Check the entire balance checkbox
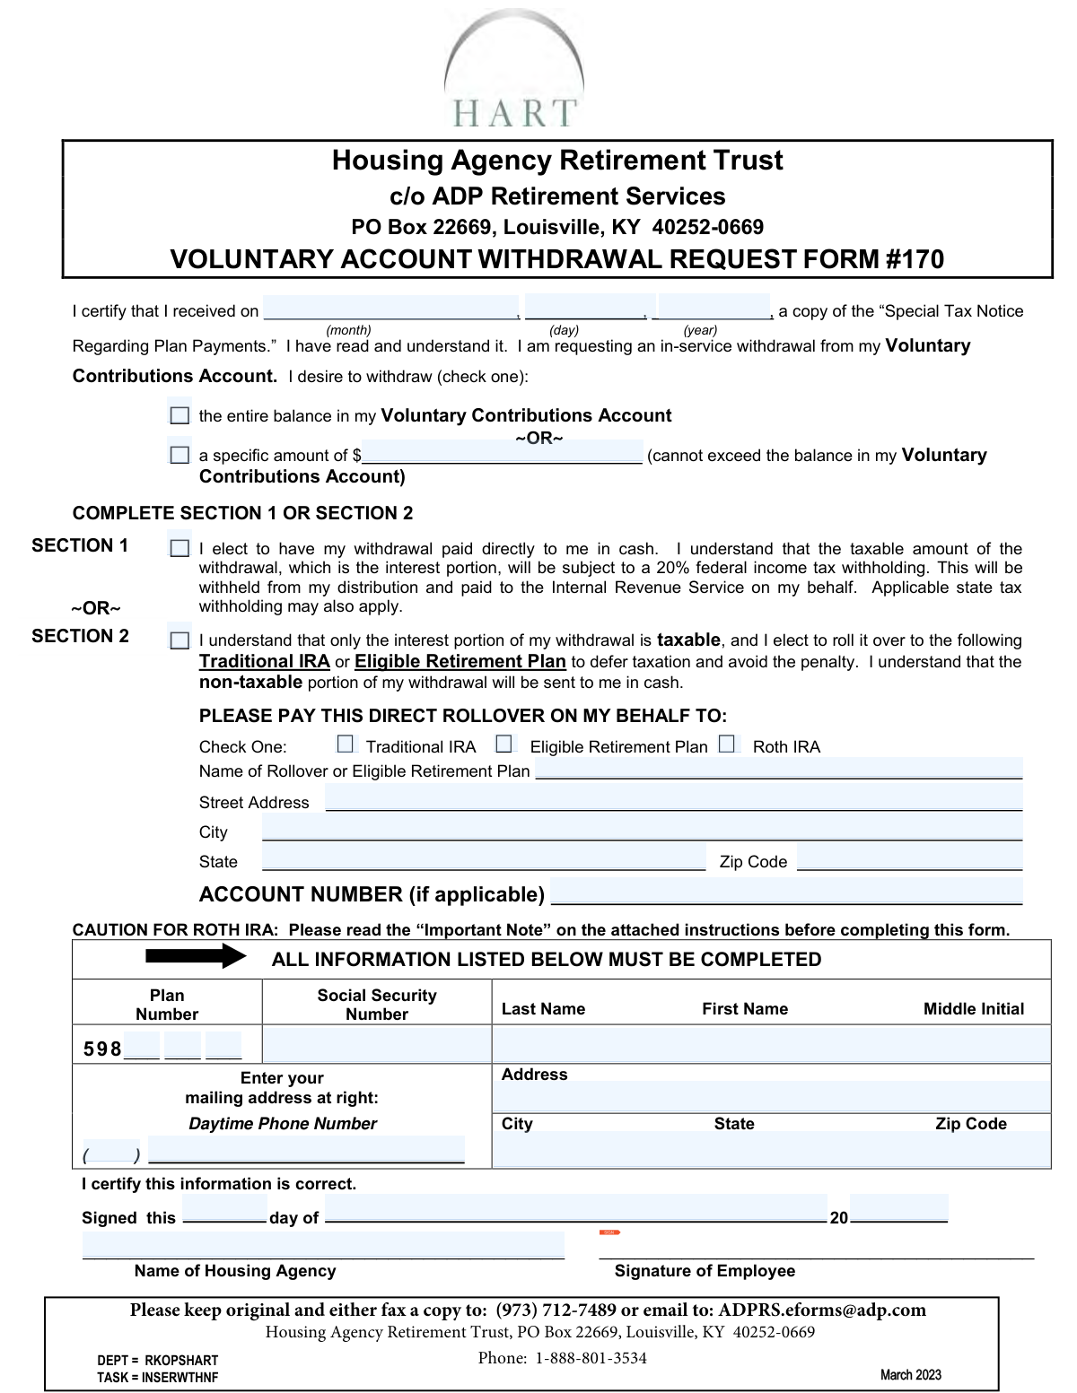179,415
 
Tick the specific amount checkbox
179,455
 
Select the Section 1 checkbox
179,548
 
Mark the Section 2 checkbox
179,640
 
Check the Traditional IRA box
346,744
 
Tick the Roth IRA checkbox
727,744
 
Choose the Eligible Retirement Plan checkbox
504,744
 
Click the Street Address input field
673,797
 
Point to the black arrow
196,956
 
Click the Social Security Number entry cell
377,1045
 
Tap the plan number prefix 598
102,1049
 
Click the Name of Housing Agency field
323,1245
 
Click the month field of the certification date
391,308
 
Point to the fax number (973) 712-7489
556,1310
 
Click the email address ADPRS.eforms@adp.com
822,1310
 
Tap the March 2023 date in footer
910,1374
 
